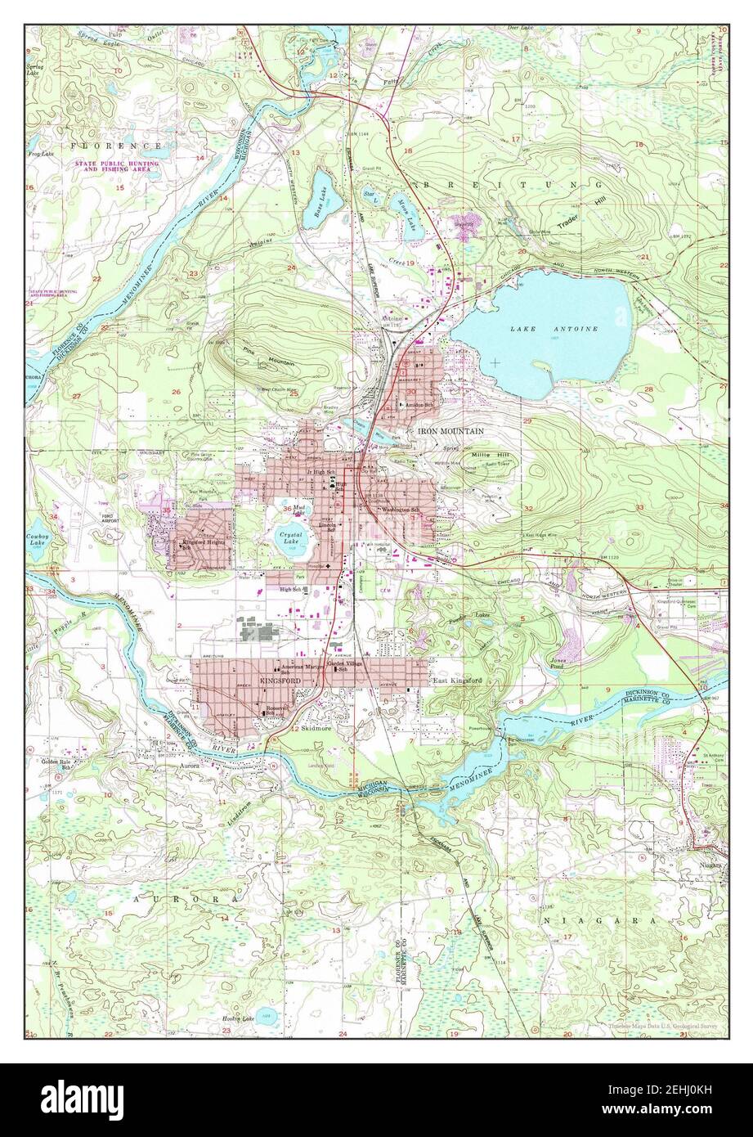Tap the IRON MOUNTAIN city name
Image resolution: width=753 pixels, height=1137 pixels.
coord(450,430)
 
